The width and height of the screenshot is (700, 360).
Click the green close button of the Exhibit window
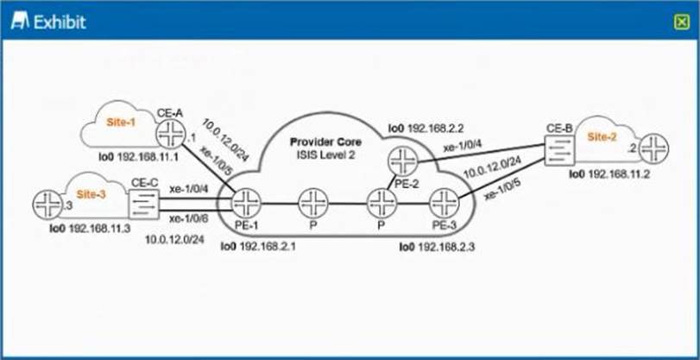pos(682,22)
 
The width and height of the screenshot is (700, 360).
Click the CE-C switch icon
pos(142,204)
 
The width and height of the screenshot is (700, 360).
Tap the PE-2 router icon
pos(402,161)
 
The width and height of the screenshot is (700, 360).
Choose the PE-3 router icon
pos(444,204)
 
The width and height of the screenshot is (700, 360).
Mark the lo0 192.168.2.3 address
pos(438,247)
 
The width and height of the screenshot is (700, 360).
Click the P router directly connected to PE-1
pos(312,204)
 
